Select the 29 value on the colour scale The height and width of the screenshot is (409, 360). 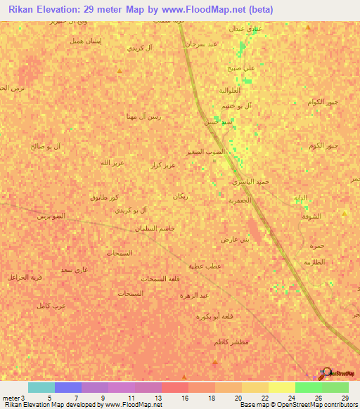point(345,398)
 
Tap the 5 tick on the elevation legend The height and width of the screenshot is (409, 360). point(49,398)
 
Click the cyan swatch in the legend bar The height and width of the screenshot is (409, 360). point(41,387)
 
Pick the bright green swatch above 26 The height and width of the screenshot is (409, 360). point(308,387)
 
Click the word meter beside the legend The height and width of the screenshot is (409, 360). point(12,398)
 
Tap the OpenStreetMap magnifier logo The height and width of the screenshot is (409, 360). point(326,373)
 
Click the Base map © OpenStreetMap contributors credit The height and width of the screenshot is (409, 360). point(298,405)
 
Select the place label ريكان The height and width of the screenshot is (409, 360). point(180,196)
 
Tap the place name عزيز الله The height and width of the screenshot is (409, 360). point(112,162)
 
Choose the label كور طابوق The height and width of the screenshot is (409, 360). point(104,197)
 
